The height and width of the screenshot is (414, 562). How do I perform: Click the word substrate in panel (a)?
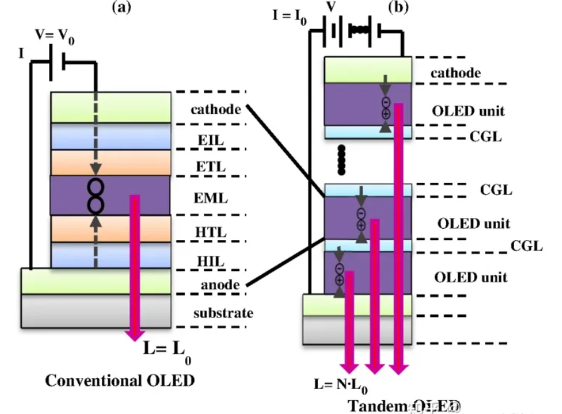(223, 313)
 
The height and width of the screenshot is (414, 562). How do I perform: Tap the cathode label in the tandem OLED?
(456, 73)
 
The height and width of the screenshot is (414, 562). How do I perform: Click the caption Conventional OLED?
(120, 381)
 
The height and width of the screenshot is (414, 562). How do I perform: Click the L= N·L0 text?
(340, 384)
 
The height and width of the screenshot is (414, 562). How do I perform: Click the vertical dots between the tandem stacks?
(342, 160)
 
